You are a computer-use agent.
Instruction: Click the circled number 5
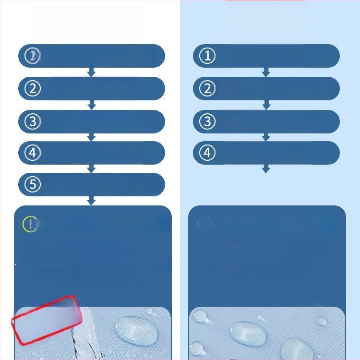click(33, 184)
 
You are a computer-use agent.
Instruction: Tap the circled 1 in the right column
click(207, 56)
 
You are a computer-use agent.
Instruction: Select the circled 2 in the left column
click(33, 88)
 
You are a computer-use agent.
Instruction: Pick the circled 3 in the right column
click(207, 121)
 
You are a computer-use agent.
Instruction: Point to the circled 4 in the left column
click(33, 153)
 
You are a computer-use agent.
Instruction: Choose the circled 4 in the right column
click(207, 153)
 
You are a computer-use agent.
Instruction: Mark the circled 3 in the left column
click(33, 121)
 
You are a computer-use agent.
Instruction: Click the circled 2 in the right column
click(207, 88)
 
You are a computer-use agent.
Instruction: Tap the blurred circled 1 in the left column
click(33, 56)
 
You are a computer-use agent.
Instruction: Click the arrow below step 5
click(91, 201)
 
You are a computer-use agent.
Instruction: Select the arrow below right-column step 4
click(266, 169)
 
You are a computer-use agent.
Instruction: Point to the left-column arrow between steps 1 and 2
click(91, 72)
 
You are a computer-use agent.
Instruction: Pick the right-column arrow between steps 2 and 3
click(266, 105)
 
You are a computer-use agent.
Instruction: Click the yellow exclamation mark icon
click(30, 224)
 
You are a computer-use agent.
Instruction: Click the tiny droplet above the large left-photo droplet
click(149, 311)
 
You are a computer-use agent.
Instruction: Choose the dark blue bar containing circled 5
click(92, 185)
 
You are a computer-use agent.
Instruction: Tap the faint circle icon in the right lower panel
click(204, 223)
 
